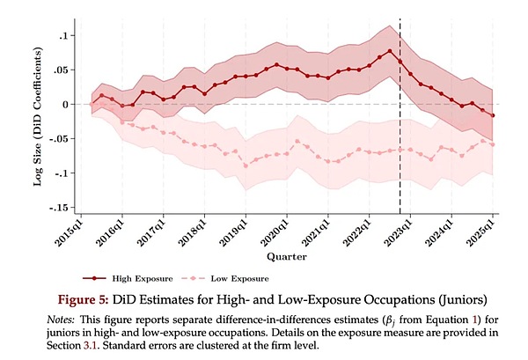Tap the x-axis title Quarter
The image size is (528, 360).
[287, 257]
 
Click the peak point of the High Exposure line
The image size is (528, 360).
[389, 51]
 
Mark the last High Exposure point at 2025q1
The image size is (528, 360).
[492, 115]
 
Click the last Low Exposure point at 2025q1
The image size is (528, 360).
[492, 144]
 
